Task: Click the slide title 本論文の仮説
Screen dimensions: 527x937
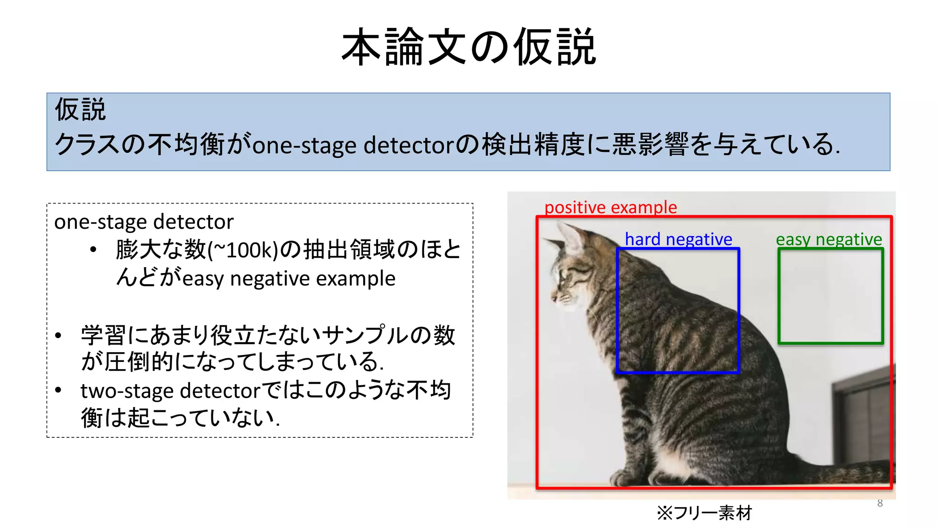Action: [x=468, y=47]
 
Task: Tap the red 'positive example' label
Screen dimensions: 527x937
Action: [x=610, y=207]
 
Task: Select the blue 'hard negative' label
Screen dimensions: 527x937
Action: [x=678, y=239]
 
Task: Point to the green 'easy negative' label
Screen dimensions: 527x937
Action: [x=829, y=239]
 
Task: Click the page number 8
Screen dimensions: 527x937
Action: [x=880, y=503]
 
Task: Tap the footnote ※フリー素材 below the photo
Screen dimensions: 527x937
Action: [x=704, y=513]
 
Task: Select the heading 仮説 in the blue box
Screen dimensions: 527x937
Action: [x=81, y=110]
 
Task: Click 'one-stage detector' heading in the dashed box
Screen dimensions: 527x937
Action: [x=144, y=222]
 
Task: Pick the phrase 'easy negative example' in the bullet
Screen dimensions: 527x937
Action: [x=289, y=279]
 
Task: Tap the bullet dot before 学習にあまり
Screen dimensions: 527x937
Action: [x=58, y=335]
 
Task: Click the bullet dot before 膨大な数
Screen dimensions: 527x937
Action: [x=93, y=250]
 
